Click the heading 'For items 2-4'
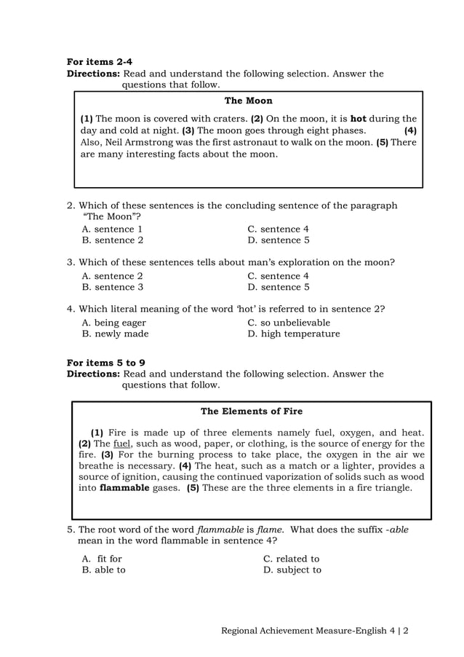100,62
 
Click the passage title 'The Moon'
248,101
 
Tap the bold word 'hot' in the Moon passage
358,119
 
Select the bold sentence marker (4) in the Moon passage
410,130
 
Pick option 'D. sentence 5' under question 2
279,240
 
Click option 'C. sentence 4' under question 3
279,276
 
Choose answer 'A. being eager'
114,323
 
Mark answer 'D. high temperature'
294,334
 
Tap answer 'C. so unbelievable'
289,323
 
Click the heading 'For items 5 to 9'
106,362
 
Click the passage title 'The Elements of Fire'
252,412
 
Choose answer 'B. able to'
104,570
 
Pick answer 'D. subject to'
292,570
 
